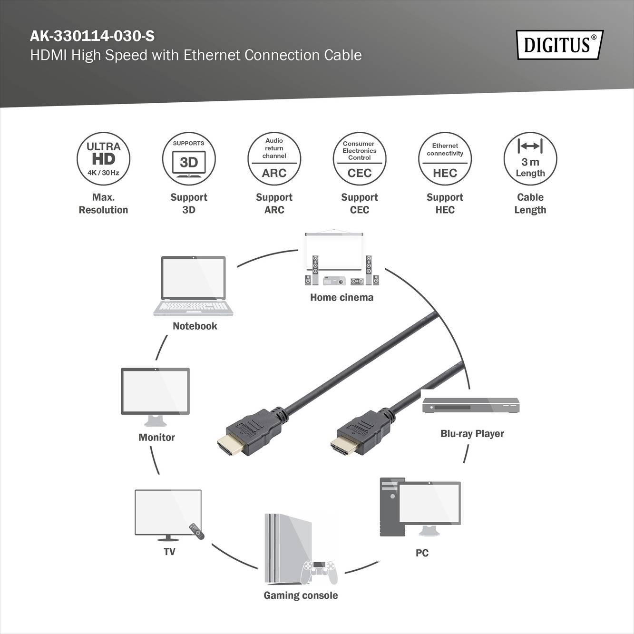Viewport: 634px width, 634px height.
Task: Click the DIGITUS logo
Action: click(x=559, y=45)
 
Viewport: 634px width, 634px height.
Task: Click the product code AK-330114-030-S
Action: click(x=92, y=36)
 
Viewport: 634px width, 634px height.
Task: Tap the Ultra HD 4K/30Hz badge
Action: click(x=103, y=159)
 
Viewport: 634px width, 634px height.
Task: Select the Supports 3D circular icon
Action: click(x=189, y=159)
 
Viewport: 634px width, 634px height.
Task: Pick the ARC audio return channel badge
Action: click(x=274, y=159)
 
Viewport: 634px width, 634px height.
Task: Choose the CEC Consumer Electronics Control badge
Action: click(x=359, y=159)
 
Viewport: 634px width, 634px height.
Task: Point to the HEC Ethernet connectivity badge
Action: click(x=445, y=159)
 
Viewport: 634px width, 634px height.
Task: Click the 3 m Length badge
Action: click(x=530, y=159)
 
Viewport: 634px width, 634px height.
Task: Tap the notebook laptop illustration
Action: click(x=193, y=285)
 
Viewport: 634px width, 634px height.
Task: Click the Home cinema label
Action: click(x=341, y=298)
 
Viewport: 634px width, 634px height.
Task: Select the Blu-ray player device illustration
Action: click(x=470, y=405)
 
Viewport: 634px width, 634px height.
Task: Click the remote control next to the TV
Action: click(x=196, y=531)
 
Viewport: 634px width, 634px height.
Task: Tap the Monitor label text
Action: click(x=156, y=438)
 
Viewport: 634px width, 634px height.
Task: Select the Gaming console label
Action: click(x=301, y=595)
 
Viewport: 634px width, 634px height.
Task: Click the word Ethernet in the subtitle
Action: click(x=212, y=55)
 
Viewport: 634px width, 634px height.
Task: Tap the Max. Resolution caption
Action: click(x=103, y=204)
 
